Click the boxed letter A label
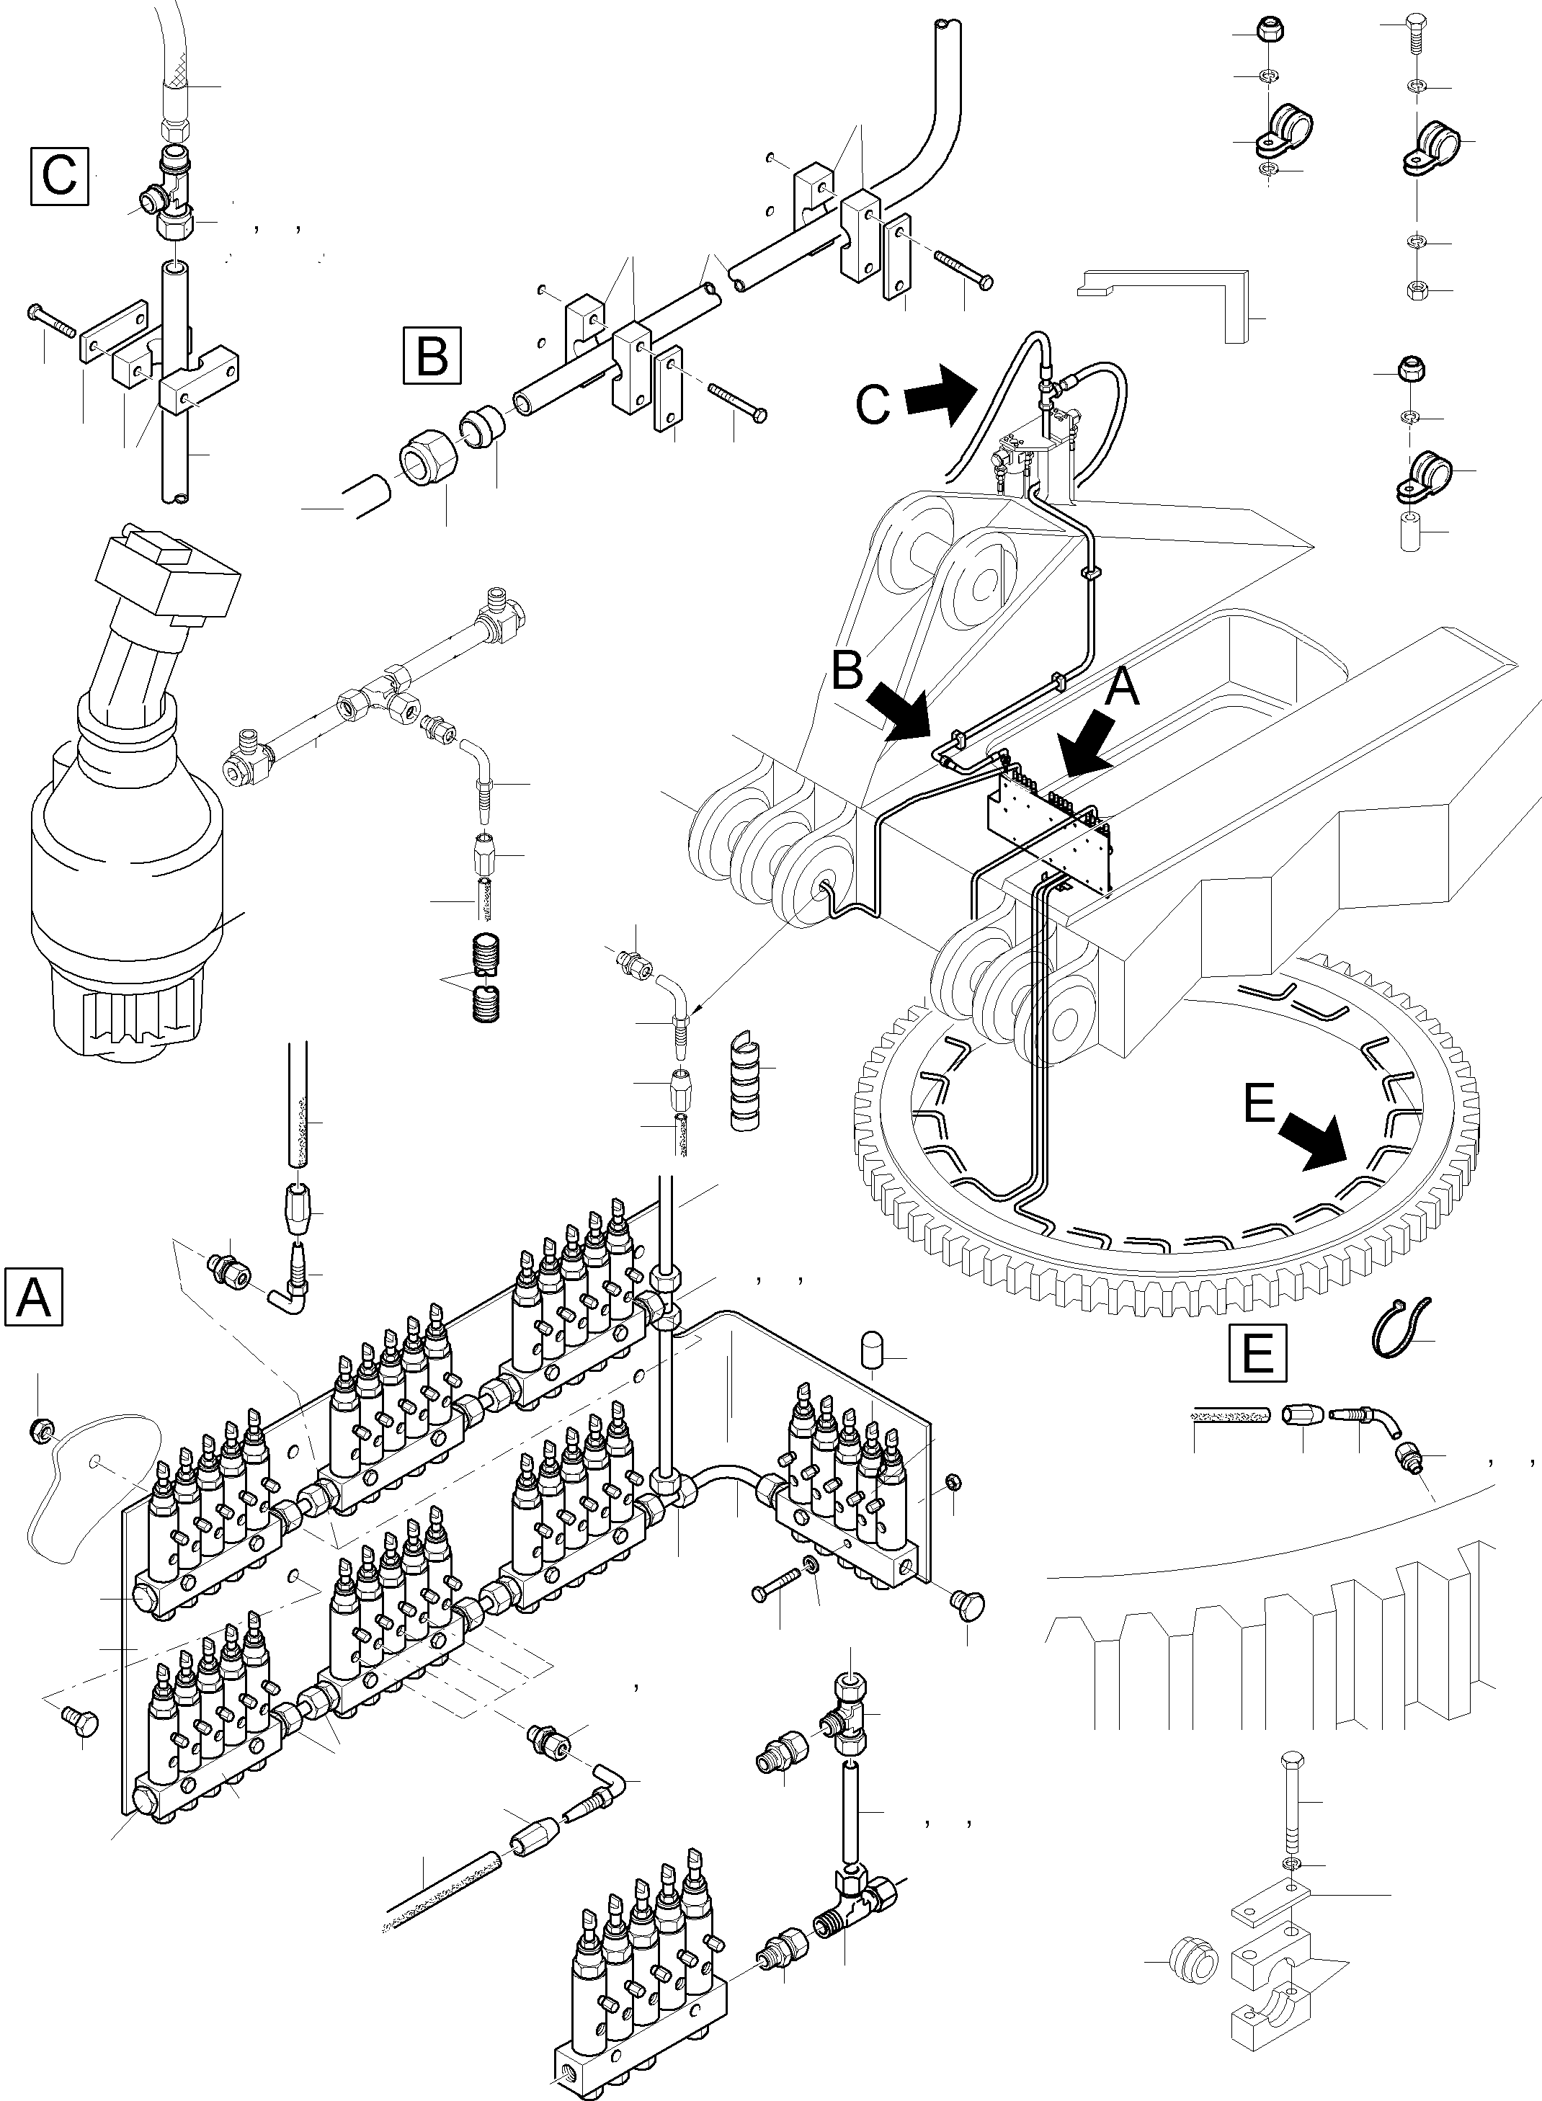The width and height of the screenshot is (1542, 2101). [34, 1296]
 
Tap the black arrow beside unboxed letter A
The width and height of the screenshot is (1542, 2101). [1084, 745]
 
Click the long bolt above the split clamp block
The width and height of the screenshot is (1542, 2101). [1292, 1798]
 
